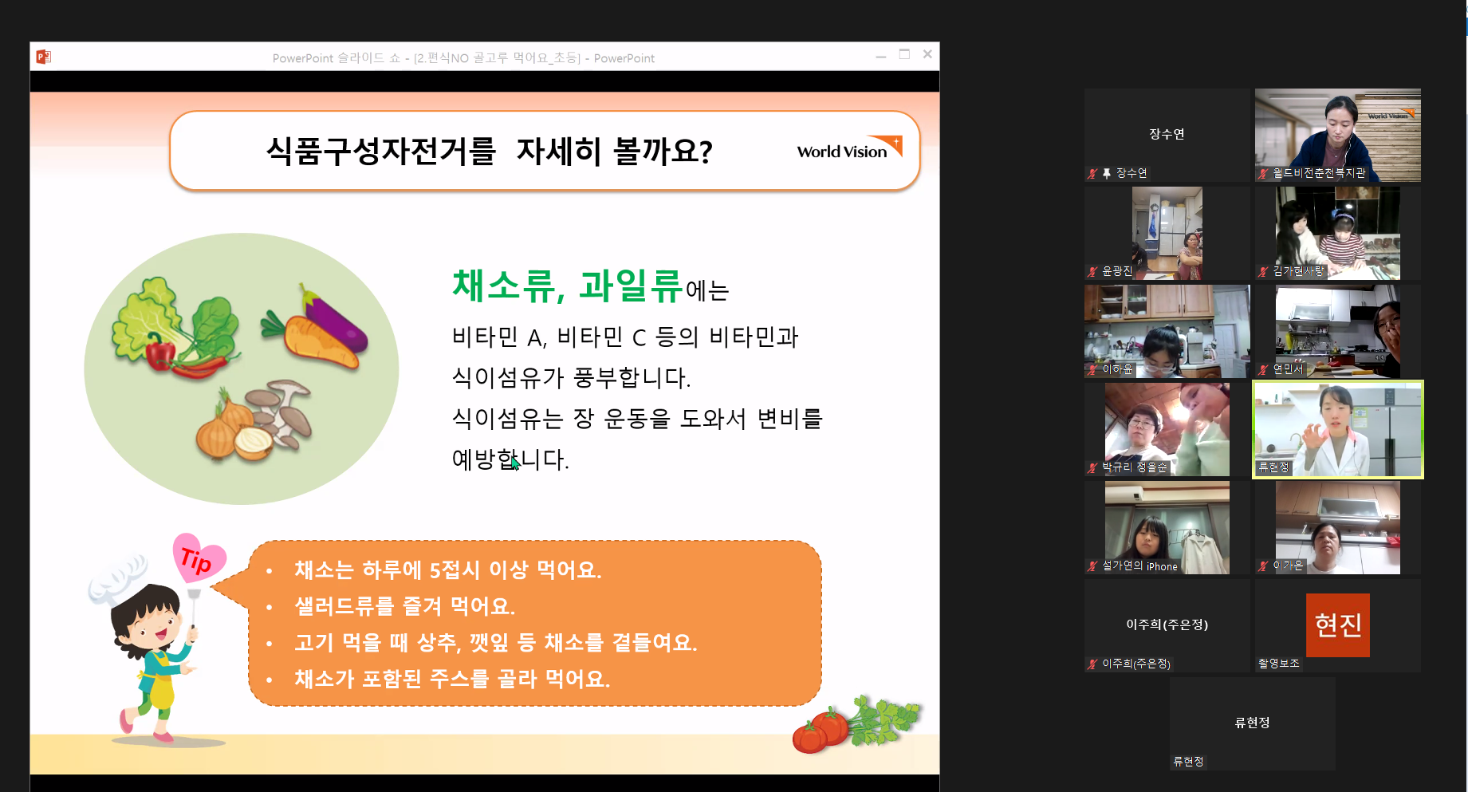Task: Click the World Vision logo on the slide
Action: pos(849,148)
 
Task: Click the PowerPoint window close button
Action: pos(927,54)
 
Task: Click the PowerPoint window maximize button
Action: pos(904,54)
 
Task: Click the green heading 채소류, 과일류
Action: pos(567,286)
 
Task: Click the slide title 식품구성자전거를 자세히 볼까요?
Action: pos(490,151)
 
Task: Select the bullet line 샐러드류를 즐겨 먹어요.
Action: pos(404,606)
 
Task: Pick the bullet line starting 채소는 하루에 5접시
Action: pos(447,569)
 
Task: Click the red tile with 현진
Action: pos(1337,625)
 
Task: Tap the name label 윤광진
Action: pos(1116,271)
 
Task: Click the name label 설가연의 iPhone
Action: pos(1139,566)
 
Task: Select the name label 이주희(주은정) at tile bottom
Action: pos(1136,664)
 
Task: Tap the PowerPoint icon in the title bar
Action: pos(43,57)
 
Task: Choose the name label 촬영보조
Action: pos(1278,664)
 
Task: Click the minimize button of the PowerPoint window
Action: pos(881,57)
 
